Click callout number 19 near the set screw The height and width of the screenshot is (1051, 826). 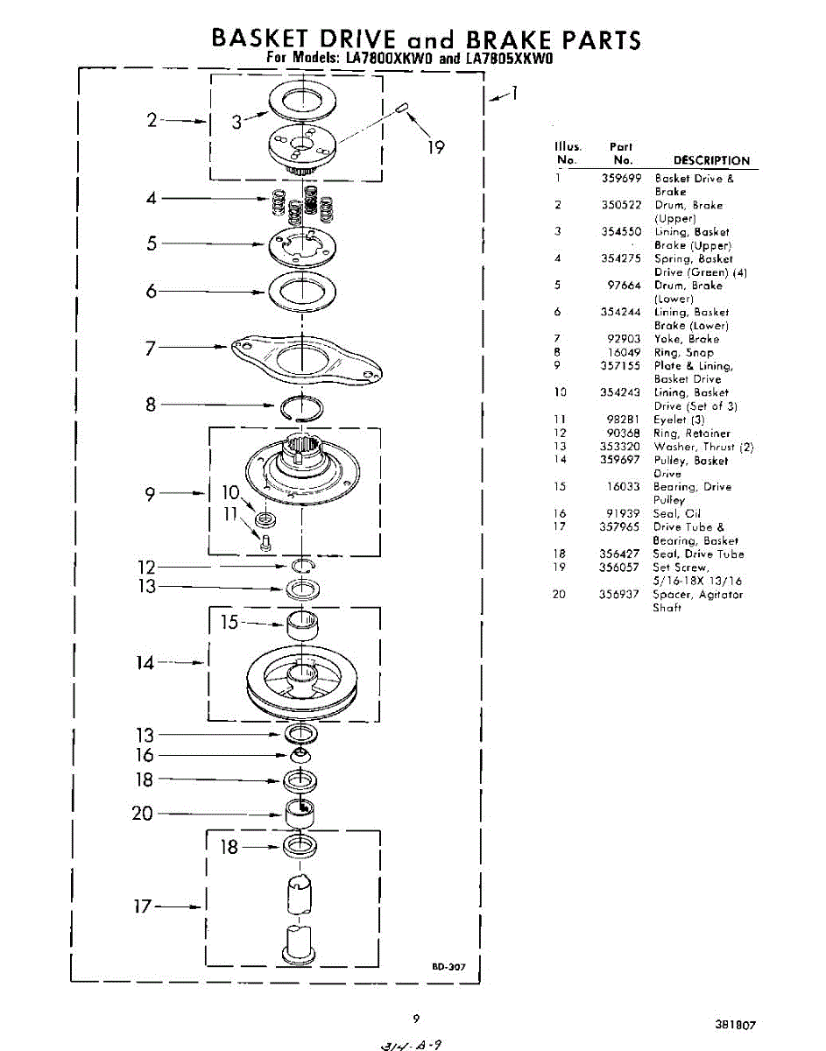pos(435,148)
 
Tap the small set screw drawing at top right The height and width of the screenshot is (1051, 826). pos(405,108)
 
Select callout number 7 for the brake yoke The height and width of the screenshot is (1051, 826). pos(151,349)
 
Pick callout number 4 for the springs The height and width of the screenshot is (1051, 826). pos(151,199)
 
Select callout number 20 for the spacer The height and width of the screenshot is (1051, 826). pos(142,814)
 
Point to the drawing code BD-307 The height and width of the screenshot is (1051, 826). pos(448,968)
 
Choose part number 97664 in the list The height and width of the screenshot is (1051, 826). pos(625,286)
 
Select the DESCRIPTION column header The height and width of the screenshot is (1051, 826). pos(711,161)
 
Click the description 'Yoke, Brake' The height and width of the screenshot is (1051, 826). pos(687,339)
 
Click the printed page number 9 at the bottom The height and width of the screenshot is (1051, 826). pos(416,1019)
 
